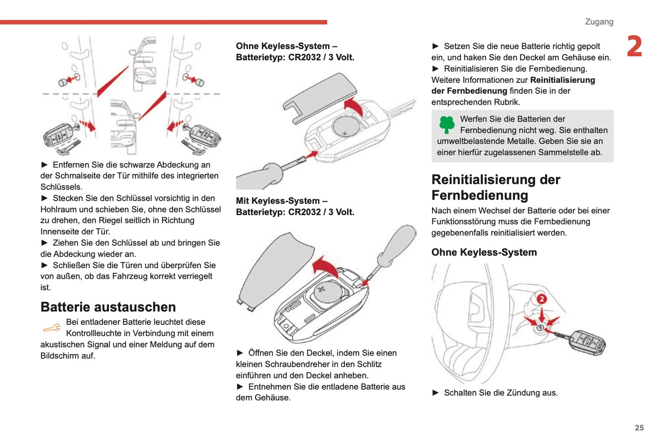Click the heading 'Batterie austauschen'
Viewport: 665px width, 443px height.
click(108, 307)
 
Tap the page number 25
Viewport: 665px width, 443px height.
click(639, 428)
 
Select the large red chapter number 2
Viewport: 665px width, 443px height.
click(634, 46)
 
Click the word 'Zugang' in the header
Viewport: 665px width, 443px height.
click(599, 22)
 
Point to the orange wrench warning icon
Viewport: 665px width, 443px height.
click(52, 328)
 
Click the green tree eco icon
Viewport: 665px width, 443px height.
click(446, 124)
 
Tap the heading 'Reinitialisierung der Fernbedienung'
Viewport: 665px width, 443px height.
click(496, 187)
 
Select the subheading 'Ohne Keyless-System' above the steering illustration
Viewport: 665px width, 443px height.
click(484, 252)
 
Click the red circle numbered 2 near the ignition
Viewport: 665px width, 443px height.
click(542, 299)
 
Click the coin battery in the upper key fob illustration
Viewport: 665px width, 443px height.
click(347, 126)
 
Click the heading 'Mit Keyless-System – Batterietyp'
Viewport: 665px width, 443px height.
click(295, 207)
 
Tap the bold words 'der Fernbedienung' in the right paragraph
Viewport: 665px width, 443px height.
click(469, 91)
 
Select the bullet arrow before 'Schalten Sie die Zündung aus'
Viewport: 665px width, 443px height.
click(435, 393)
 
